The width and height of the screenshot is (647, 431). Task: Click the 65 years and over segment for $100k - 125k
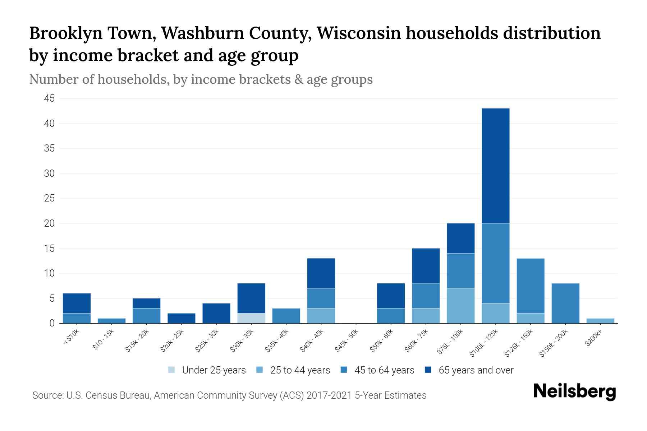coord(495,166)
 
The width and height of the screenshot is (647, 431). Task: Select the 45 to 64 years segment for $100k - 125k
coord(495,263)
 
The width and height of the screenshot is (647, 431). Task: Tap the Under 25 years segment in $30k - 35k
coord(251,318)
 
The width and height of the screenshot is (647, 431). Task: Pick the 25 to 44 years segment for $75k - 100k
coord(460,306)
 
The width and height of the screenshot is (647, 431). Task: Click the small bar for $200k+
coord(600,321)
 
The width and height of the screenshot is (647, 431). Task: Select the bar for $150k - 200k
coord(565,303)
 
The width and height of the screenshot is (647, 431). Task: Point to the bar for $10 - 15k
coord(111,321)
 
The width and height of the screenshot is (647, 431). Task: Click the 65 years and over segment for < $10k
coord(77,303)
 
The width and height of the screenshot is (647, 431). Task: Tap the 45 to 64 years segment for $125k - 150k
coord(530,286)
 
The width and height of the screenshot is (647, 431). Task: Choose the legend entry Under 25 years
coord(214,370)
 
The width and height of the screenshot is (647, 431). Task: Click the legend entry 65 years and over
coord(476,370)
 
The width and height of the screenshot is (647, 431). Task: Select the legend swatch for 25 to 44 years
coord(260,370)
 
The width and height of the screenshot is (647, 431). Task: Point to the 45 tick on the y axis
coord(49,98)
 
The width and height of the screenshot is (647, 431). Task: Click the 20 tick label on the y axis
coord(49,223)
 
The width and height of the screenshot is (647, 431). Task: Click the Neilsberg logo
coord(574,391)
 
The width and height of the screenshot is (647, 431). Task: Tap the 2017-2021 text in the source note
coord(329,395)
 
